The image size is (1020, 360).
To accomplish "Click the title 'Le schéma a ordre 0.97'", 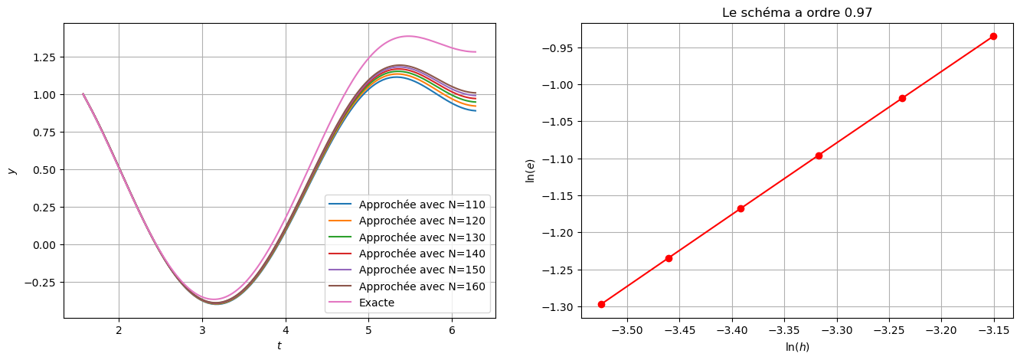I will [x=796, y=13].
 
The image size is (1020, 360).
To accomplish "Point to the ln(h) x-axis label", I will [x=796, y=347].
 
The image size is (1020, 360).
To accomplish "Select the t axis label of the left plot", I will [x=279, y=346].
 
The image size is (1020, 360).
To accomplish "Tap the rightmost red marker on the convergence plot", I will [x=993, y=36].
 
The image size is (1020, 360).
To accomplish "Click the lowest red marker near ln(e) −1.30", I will [x=601, y=304].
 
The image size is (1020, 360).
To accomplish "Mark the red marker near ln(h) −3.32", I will [x=819, y=155].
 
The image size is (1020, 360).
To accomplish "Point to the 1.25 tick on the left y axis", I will [x=44, y=57].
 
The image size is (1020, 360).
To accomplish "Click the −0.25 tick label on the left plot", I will [x=40, y=282].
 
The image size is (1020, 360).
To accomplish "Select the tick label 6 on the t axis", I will [x=452, y=330].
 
